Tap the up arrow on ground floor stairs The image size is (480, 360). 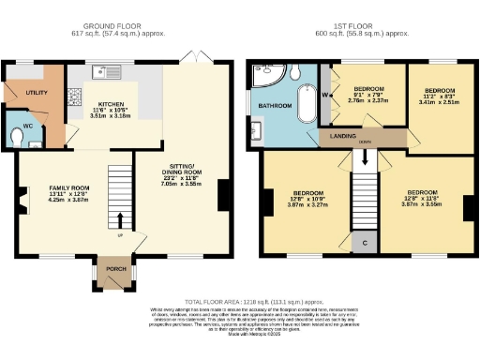120,221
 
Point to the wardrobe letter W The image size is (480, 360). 326,94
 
